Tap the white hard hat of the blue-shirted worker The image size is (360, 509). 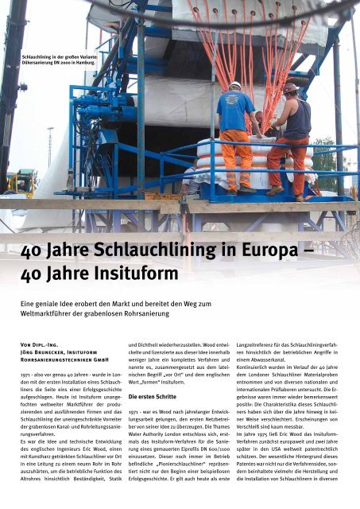(235, 85)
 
